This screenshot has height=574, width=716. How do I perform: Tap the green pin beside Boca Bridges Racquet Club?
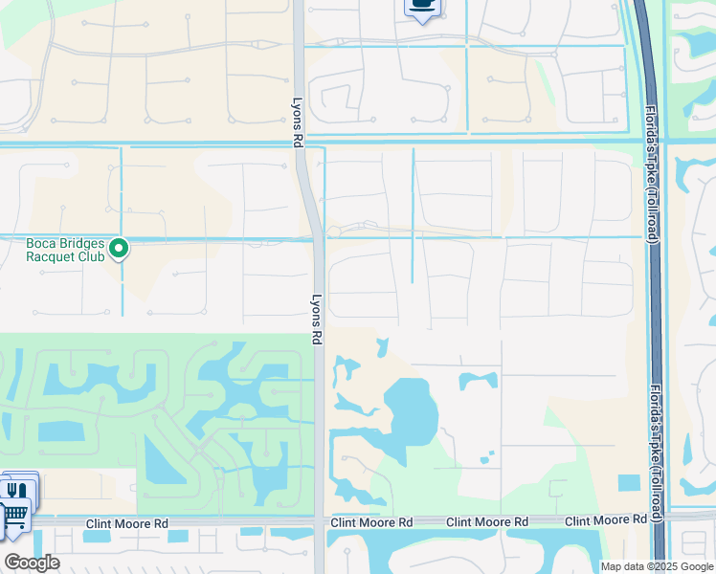pyautogui.click(x=119, y=250)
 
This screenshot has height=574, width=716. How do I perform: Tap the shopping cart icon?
pyautogui.click(x=13, y=518)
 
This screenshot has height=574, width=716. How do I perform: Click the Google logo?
pyautogui.click(x=32, y=563)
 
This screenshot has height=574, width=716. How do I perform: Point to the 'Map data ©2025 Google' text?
pyautogui.click(x=657, y=566)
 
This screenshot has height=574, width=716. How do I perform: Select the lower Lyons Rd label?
pyautogui.click(x=316, y=319)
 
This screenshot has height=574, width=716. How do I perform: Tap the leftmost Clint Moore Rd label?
pyautogui.click(x=127, y=523)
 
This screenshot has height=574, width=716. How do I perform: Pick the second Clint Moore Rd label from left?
pyautogui.click(x=371, y=522)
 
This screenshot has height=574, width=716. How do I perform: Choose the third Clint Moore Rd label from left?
pyautogui.click(x=488, y=522)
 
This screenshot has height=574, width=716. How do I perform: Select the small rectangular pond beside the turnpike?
pyautogui.click(x=629, y=483)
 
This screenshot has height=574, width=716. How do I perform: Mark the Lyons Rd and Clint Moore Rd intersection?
pyautogui.click(x=319, y=522)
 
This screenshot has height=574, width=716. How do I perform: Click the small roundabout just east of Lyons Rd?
pyautogui.click(x=334, y=232)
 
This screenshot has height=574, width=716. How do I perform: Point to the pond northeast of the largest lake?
pyautogui.click(x=478, y=380)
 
